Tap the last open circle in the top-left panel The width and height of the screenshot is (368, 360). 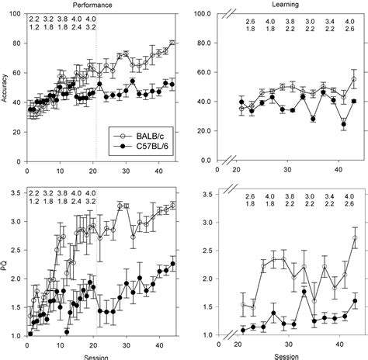click(x=172, y=43)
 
